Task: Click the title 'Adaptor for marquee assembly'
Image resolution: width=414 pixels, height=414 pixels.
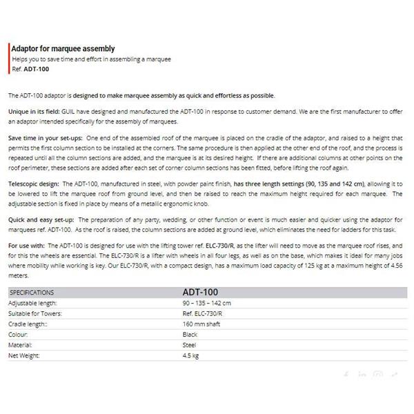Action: point(63,49)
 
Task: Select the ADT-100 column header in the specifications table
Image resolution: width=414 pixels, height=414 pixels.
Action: point(201,292)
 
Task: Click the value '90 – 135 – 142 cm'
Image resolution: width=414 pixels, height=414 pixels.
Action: point(206,303)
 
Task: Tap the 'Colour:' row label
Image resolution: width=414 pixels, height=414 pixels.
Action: point(19,334)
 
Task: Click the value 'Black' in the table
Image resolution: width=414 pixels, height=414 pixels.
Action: point(190,334)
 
